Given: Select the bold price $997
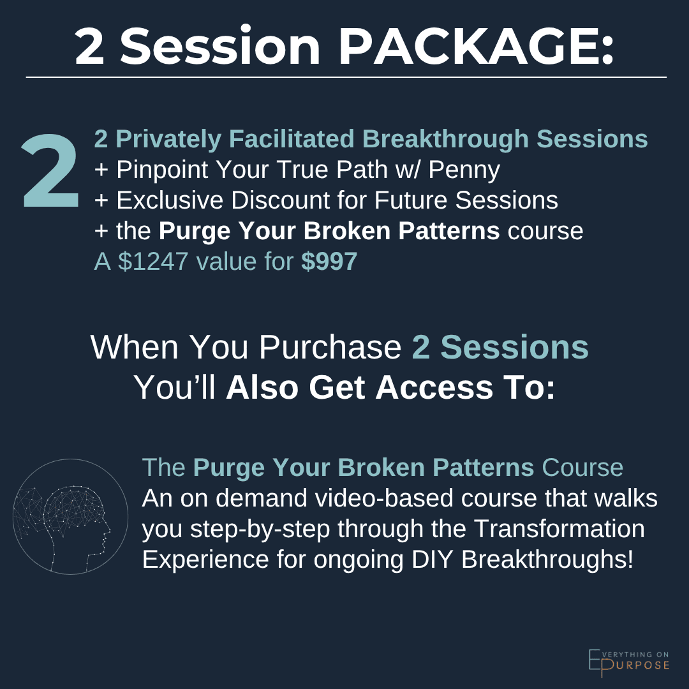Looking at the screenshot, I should point(329,262).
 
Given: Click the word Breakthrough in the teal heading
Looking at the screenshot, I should point(457,139).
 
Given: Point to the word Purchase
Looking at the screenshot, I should point(329,348).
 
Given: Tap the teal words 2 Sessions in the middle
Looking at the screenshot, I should point(500,348).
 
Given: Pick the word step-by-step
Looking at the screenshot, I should point(249,529).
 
